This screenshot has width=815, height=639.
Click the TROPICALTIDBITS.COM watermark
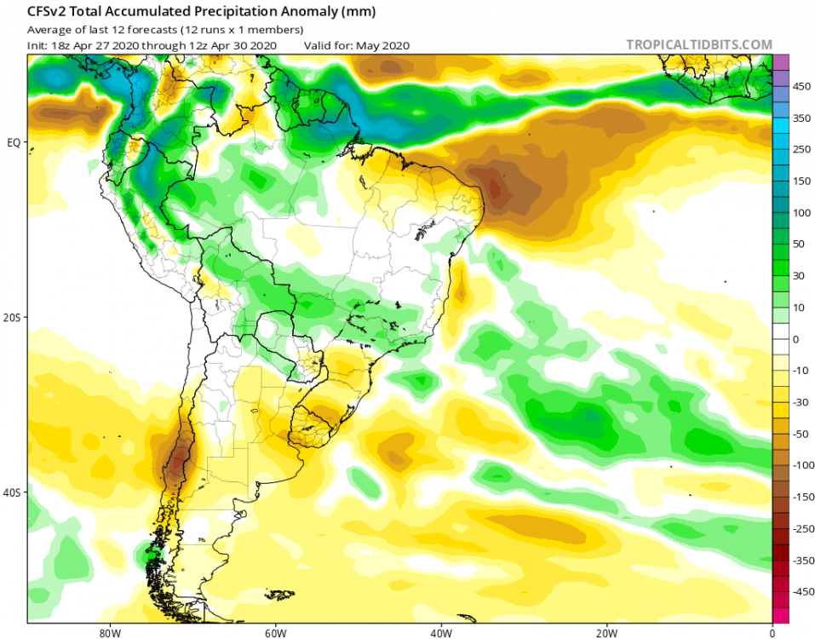click(698, 44)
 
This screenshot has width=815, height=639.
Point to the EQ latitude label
click(14, 141)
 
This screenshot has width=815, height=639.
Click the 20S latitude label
click(12, 317)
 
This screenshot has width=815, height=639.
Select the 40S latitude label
click(12, 492)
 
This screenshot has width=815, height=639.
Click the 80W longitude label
click(107, 632)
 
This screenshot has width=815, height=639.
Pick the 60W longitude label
click(273, 632)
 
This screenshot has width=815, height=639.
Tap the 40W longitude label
click(440, 632)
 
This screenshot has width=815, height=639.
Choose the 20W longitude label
click(606, 632)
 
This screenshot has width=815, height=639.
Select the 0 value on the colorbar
click(796, 339)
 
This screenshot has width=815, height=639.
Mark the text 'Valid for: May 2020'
click(357, 45)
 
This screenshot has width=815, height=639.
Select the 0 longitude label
click(772, 632)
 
